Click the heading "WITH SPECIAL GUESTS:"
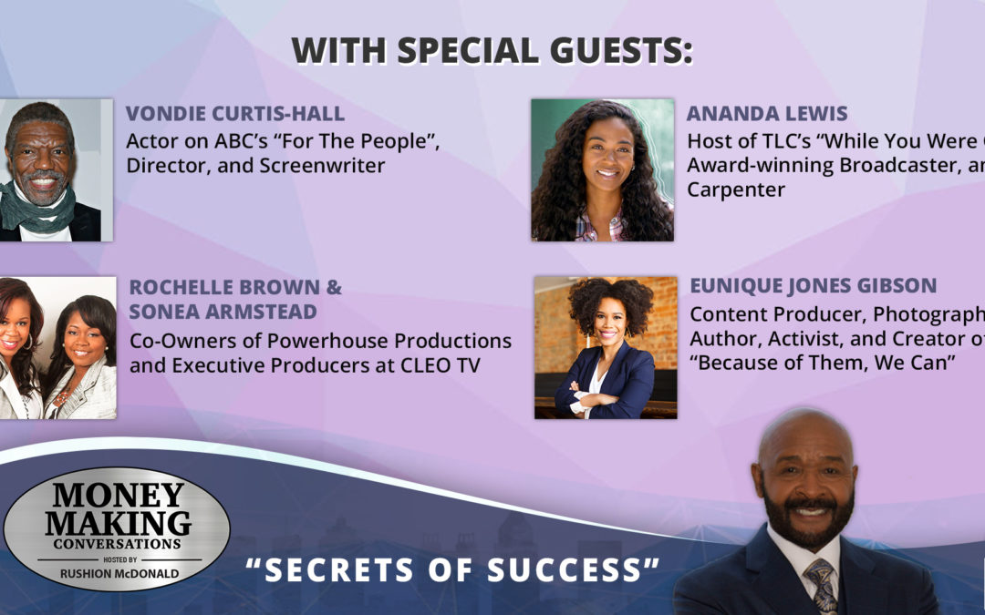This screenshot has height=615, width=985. point(493,51)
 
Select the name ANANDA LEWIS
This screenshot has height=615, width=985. point(766,114)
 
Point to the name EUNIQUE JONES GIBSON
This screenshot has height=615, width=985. point(813,286)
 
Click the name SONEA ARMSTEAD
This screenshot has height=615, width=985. point(223,312)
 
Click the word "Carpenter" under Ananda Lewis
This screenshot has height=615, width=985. point(736,190)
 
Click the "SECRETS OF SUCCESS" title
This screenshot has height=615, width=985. point(453,569)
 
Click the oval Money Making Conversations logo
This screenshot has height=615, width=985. point(116,529)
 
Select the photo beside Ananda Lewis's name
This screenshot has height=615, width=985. point(602,170)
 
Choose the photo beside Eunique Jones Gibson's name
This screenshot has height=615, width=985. point(606,347)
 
